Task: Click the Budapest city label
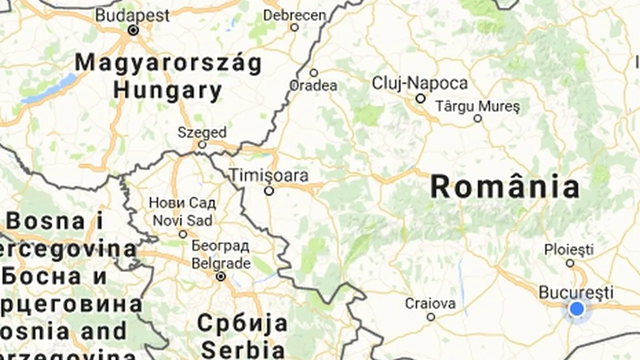click(x=132, y=15)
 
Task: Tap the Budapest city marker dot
click(x=133, y=30)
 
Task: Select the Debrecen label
click(x=294, y=15)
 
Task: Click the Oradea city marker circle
click(x=313, y=73)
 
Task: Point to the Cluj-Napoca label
click(x=419, y=83)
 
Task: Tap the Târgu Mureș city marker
click(x=477, y=118)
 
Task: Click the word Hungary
click(x=167, y=90)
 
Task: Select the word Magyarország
click(x=168, y=63)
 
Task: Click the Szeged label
click(x=202, y=132)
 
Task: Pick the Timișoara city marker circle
click(x=269, y=190)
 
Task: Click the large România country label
click(x=505, y=187)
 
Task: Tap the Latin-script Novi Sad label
click(x=182, y=220)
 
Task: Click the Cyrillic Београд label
click(x=220, y=246)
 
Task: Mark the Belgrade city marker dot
click(x=220, y=276)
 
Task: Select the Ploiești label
click(x=568, y=248)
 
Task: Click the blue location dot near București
click(x=576, y=308)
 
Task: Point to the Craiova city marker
click(x=430, y=317)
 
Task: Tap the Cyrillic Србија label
click(x=242, y=323)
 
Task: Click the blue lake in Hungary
click(x=50, y=88)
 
